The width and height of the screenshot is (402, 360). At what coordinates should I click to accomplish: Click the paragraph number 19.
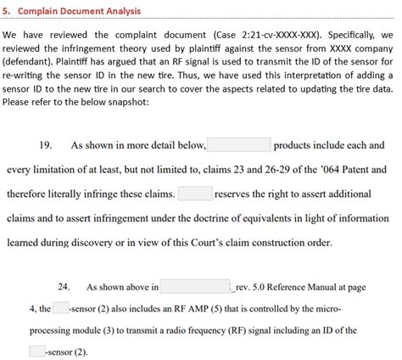pyautogui.click(x=48, y=145)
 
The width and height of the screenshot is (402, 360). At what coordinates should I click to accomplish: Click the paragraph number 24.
pyautogui.click(x=64, y=287)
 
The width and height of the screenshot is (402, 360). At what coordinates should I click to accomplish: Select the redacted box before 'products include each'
pyautogui.click(x=238, y=145)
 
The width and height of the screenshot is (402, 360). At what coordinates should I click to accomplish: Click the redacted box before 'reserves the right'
pyautogui.click(x=195, y=194)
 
